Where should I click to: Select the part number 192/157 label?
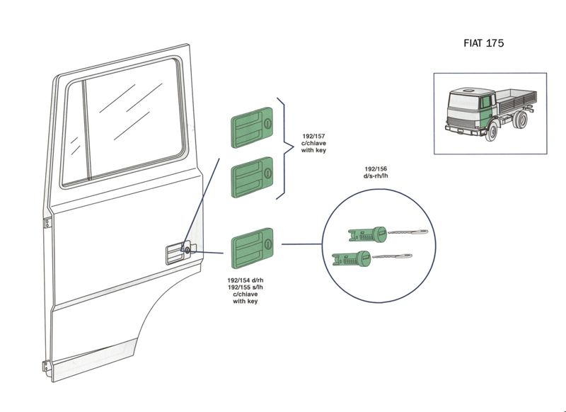[x=313, y=136]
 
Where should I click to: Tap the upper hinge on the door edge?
[x=47, y=222]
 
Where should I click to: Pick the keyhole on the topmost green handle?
[x=268, y=125]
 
